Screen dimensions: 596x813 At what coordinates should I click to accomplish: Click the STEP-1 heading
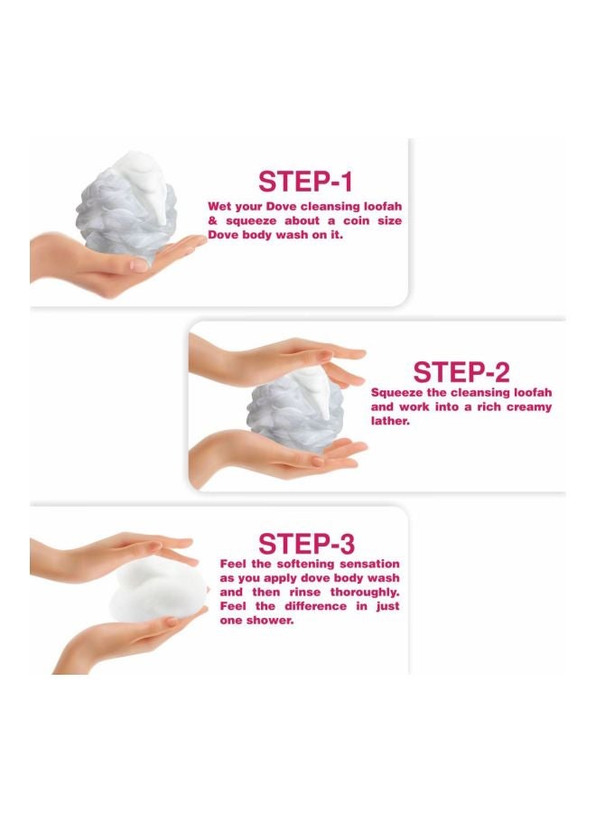pyautogui.click(x=305, y=182)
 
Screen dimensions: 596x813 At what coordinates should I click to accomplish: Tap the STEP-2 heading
pyautogui.click(x=461, y=372)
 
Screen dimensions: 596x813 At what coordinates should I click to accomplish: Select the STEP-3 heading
pyautogui.click(x=306, y=544)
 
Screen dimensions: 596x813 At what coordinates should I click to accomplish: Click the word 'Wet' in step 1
pyautogui.click(x=219, y=206)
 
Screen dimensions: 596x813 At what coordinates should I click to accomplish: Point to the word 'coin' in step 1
pyautogui.click(x=355, y=221)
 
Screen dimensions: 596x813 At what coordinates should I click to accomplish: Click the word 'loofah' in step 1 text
pyautogui.click(x=383, y=206)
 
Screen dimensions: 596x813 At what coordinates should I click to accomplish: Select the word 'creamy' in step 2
pyautogui.click(x=528, y=407)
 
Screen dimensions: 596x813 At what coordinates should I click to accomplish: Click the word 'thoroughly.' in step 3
pyautogui.click(x=365, y=592)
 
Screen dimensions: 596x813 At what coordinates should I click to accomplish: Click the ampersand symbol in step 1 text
pyautogui.click(x=212, y=221)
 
